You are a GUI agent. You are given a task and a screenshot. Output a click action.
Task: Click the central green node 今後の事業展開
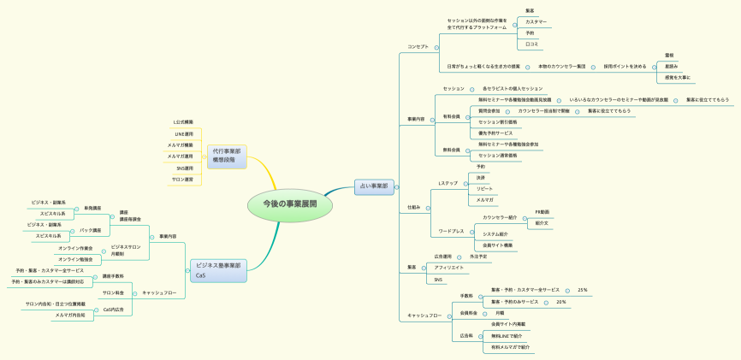tap(290, 204)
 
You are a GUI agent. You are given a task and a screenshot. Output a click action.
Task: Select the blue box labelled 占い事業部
tap(373, 186)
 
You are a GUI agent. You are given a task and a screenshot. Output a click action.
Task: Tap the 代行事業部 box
tap(226, 155)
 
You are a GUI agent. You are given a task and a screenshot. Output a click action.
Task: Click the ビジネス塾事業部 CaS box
tap(217, 270)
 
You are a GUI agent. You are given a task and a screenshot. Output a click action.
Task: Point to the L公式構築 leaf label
tap(182, 122)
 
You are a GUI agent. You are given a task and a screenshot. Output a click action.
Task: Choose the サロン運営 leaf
tap(182, 180)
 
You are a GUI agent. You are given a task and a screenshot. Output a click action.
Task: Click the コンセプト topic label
tap(418, 46)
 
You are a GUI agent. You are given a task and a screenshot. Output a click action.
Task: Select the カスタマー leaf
tap(536, 21)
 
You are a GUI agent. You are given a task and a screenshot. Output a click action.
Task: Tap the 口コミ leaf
tap(531, 44)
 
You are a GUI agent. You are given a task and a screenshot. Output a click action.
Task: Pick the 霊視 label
tap(669, 55)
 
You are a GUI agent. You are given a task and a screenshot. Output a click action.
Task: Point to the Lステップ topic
tap(448, 183)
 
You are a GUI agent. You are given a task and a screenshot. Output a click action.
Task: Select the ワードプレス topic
tap(451, 231)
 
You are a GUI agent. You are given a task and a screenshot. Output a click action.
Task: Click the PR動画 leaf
tap(542, 211)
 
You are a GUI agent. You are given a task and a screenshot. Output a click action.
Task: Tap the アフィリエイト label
tap(448, 268)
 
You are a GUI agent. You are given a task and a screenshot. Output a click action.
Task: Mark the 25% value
tap(583, 290)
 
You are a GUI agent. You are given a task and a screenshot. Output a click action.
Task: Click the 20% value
tap(561, 302)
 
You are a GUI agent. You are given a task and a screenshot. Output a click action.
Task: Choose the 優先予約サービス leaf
tap(496, 133)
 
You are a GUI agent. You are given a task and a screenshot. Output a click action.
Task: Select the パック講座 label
tap(90, 230)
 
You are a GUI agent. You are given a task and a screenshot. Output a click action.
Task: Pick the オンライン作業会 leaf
tap(75, 248)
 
